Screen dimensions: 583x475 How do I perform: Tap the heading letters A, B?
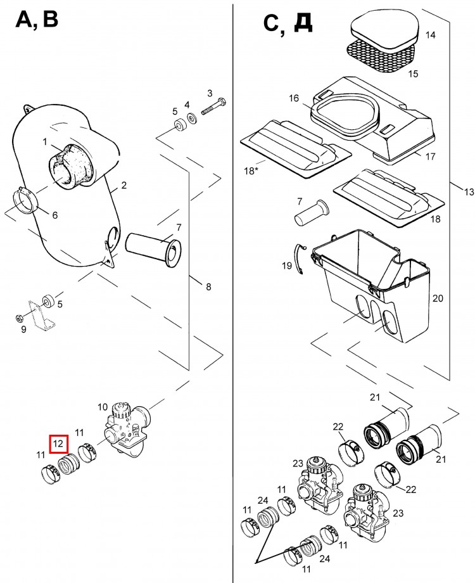coord(37,20)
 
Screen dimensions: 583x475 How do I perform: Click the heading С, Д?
coord(286,23)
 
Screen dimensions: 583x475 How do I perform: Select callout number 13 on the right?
coord(468,192)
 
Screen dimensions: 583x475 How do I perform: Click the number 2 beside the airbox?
coord(123,185)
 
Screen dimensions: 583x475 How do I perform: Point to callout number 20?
coord(437,298)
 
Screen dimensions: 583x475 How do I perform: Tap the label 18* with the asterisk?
coord(252,171)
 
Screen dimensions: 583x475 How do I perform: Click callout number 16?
coord(294,98)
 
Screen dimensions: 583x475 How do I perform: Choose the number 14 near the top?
coord(430,35)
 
